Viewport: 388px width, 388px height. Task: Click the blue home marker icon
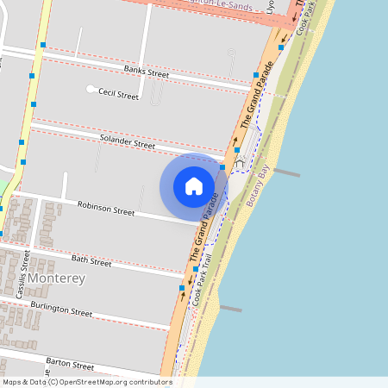[194, 186]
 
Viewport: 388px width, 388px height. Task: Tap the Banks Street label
[146, 72]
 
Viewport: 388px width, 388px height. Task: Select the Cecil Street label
[118, 95]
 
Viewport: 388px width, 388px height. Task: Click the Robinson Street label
[106, 208]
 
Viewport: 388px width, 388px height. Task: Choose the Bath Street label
[91, 260]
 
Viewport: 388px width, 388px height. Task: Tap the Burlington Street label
[61, 310]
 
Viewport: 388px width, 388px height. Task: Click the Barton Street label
[70, 366]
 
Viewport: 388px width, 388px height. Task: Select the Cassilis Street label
[26, 274]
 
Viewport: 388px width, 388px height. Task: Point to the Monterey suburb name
[56, 278]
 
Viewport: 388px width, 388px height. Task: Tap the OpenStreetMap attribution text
[86, 382]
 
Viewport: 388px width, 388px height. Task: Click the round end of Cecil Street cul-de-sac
[91, 89]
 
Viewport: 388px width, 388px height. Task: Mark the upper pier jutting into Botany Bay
[285, 172]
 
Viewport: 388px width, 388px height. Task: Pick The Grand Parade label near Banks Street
[251, 108]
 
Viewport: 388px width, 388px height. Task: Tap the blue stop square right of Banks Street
[255, 75]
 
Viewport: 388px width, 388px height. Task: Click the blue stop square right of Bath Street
[197, 270]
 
